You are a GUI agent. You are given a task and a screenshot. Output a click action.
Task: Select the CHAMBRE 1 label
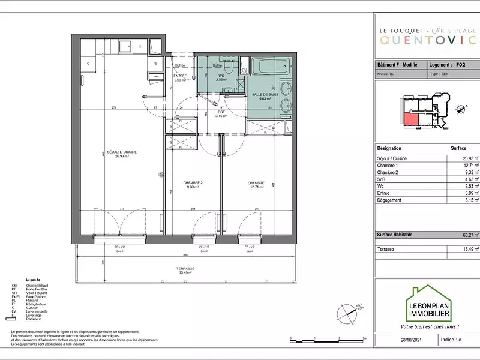pyautogui.click(x=257, y=182)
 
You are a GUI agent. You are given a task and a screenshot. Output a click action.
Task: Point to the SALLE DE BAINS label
pyautogui.click(x=265, y=95)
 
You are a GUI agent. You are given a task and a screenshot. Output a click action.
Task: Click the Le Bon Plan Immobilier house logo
pyautogui.click(x=429, y=304)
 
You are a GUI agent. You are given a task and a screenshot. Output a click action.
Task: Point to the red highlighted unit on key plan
pyautogui.click(x=410, y=119)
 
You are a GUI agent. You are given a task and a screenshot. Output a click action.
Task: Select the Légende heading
pyautogui.click(x=33, y=280)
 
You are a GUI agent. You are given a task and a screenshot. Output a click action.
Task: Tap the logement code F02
pyautogui.click(x=460, y=64)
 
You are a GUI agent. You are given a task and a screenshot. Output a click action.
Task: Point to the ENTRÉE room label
pyautogui.click(x=180, y=77)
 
